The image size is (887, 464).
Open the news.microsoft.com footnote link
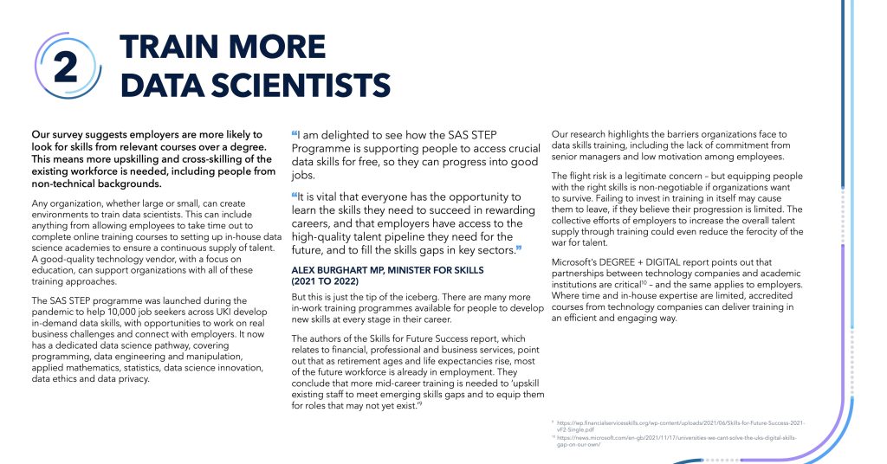tap(676, 438)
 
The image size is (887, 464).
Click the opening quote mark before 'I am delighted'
tap(294, 134)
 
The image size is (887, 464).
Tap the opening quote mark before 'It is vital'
tap(294, 197)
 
